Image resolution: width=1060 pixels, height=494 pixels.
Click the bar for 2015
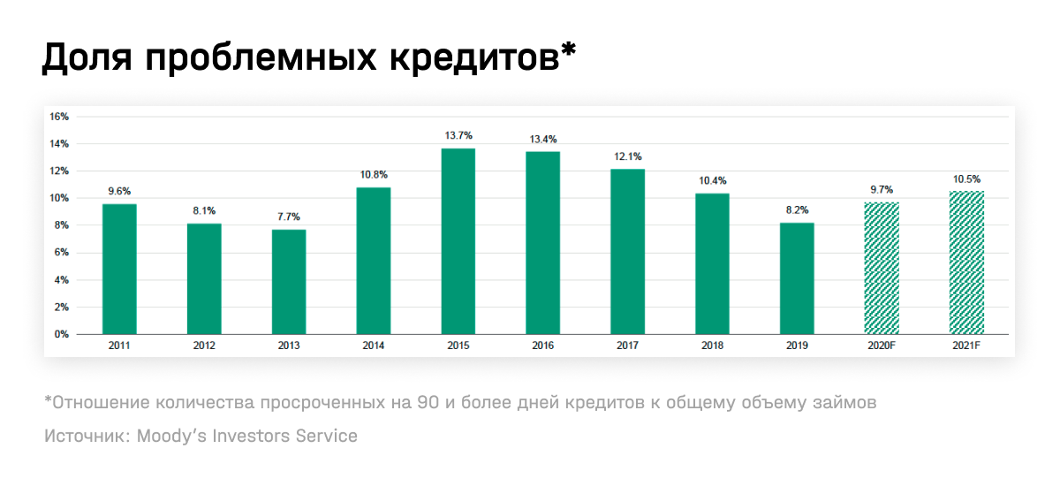point(458,241)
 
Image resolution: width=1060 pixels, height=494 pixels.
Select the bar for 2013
point(289,282)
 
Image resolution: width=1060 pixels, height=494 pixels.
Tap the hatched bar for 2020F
point(882,268)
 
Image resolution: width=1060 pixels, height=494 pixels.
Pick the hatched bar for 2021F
point(966,262)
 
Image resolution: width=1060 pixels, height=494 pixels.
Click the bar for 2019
point(797,278)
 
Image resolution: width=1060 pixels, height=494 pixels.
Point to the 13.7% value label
point(458,135)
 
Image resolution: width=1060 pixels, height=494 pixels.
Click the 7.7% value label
point(289,217)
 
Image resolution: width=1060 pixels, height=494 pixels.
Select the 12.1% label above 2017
point(628,156)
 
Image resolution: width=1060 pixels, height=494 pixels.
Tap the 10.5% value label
point(966,179)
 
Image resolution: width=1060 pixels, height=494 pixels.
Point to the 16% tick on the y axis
point(59,117)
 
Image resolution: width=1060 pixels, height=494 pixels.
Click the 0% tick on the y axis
point(62,334)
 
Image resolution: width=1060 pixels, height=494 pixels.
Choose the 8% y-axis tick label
point(62,225)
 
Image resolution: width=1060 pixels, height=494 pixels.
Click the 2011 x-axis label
point(119,346)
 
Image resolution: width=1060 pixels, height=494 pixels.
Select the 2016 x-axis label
point(542,346)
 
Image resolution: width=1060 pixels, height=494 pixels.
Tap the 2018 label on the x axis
point(712,346)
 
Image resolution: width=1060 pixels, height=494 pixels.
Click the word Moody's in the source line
point(173,436)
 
